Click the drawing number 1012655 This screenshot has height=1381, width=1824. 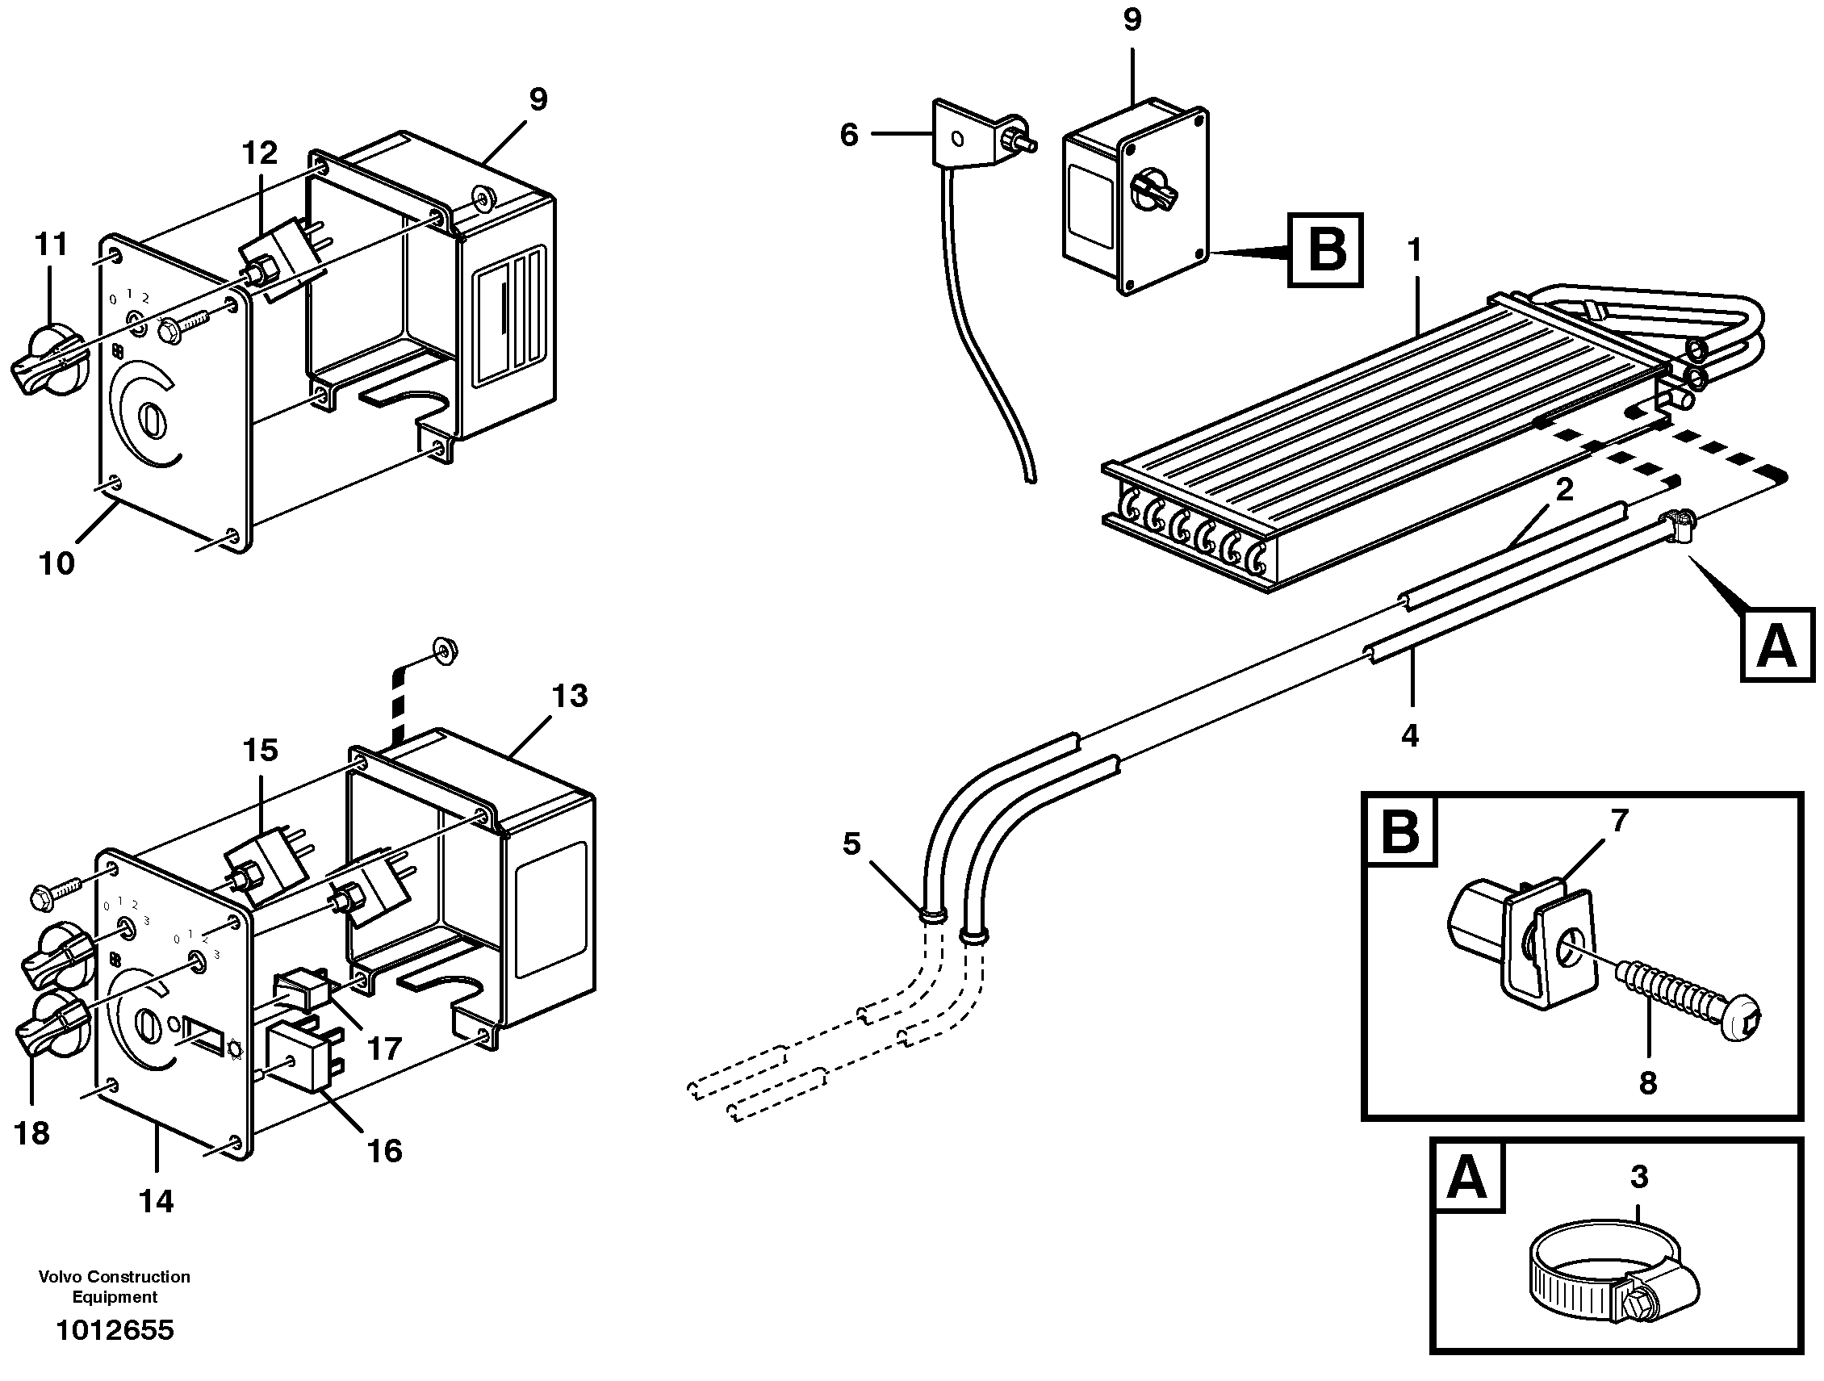pyautogui.click(x=115, y=1330)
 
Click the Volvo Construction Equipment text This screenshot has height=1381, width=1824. pyautogui.click(x=115, y=1287)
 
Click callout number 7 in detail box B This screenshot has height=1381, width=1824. pyautogui.click(x=1619, y=820)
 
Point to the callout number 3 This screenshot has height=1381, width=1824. pyautogui.click(x=1638, y=1177)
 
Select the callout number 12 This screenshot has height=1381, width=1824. pyautogui.click(x=260, y=153)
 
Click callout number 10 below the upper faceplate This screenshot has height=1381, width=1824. pyautogui.click(x=56, y=564)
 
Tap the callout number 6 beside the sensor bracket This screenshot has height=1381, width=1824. pyautogui.click(x=849, y=135)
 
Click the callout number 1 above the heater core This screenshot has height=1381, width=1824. pyautogui.click(x=1415, y=249)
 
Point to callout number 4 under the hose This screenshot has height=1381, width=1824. pyautogui.click(x=1410, y=734)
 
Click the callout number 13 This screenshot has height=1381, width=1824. pyautogui.click(x=570, y=696)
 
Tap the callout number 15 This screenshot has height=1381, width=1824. pyautogui.click(x=261, y=751)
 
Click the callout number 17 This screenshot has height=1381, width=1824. pyautogui.click(x=384, y=1048)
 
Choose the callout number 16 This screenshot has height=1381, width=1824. pyautogui.click(x=384, y=1151)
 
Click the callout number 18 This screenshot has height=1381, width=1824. pyautogui.click(x=32, y=1134)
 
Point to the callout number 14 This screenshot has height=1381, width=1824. pyautogui.click(x=156, y=1201)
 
